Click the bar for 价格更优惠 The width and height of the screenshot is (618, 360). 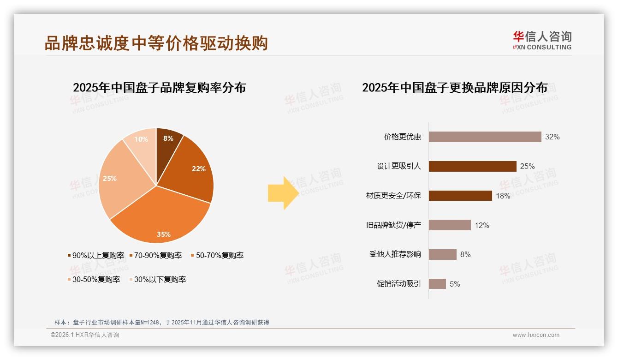[485, 137]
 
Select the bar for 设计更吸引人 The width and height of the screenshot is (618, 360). [472, 166]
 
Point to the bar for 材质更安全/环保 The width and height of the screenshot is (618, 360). [460, 196]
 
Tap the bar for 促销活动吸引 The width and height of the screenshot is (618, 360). [437, 284]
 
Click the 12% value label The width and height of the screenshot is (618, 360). [482, 225]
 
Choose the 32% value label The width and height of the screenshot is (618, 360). [552, 137]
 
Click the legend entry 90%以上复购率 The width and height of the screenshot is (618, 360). [96, 255]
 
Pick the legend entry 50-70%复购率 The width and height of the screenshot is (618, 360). [217, 255]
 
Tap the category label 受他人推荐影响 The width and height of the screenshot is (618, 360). [395, 254]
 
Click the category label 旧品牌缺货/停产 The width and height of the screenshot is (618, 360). [393, 225]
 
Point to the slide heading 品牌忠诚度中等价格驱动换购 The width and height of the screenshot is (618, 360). [156, 43]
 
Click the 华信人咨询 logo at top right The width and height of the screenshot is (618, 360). [542, 40]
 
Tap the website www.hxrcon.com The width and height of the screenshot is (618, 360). [536, 335]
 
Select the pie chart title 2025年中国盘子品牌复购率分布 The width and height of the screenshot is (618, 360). [159, 87]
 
